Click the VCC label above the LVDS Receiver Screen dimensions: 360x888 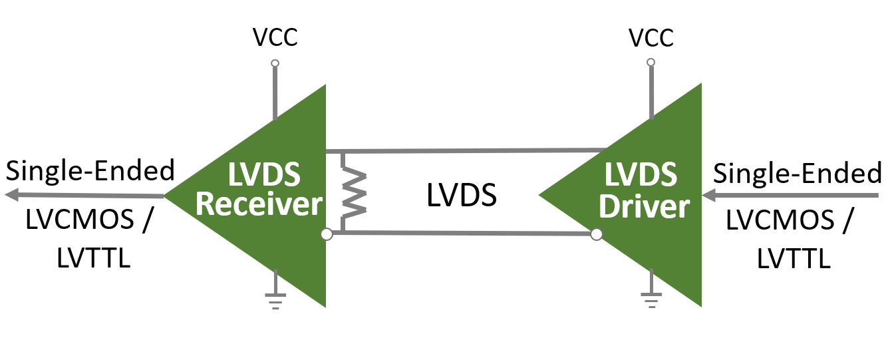pos(275,38)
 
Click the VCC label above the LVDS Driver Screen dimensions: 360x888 pos(651,38)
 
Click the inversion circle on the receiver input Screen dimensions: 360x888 pos(326,234)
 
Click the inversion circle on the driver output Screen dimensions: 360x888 pos(597,234)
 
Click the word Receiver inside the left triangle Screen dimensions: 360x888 pos(259,204)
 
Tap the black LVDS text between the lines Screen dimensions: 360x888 pos(461,195)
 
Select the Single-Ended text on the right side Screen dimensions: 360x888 pos(798,174)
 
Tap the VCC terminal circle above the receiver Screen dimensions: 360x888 pos(275,64)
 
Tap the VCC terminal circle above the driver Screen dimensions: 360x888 pos(651,62)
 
